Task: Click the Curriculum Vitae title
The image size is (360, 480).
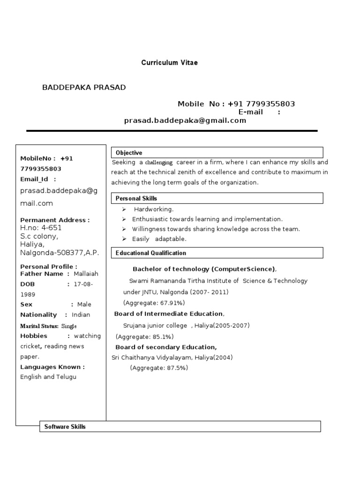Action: click(169, 63)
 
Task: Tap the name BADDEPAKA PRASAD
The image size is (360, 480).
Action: click(84, 88)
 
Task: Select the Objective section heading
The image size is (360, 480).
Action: click(129, 153)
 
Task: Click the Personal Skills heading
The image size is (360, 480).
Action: click(136, 199)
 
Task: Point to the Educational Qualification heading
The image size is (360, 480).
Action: click(151, 253)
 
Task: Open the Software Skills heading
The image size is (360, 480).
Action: click(65, 427)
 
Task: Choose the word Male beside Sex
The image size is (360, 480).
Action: click(84, 305)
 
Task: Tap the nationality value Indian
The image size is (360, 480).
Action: click(81, 315)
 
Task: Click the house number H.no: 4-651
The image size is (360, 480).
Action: click(41, 228)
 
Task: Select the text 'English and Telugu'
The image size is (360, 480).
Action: click(48, 377)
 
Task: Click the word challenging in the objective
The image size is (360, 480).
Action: click(158, 163)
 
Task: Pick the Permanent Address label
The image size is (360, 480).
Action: click(55, 220)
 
